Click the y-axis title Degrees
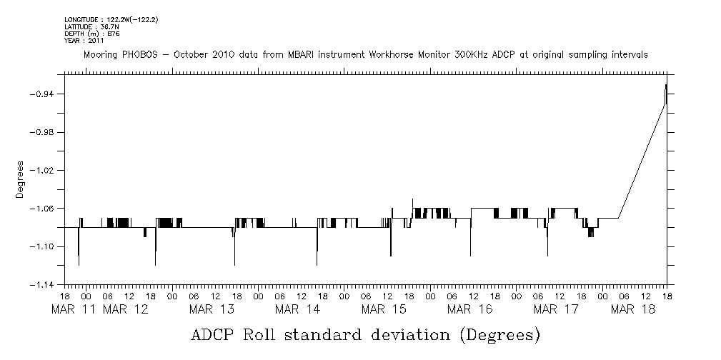point(21,179)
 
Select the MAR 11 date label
point(74,309)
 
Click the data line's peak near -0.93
point(666,85)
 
